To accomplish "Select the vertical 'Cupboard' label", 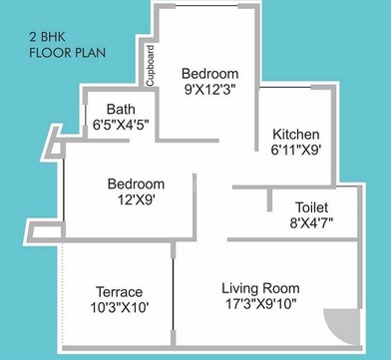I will [x=150, y=66].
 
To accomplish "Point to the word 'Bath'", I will [x=107, y=111].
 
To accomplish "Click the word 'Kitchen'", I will [x=296, y=134].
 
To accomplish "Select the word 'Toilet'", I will [x=312, y=206].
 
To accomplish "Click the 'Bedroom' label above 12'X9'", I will [x=136, y=184].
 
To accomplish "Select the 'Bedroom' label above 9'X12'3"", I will [x=209, y=74].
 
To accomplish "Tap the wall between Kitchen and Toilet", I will [x=299, y=186].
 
